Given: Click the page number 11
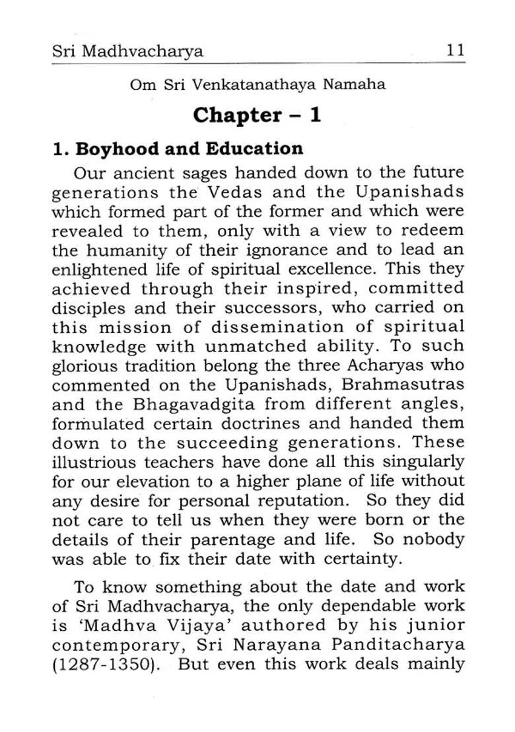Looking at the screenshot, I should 455,50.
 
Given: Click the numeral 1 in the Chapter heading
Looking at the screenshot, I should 314,115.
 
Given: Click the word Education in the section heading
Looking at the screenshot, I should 254,148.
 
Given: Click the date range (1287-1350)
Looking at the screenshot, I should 106,663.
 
